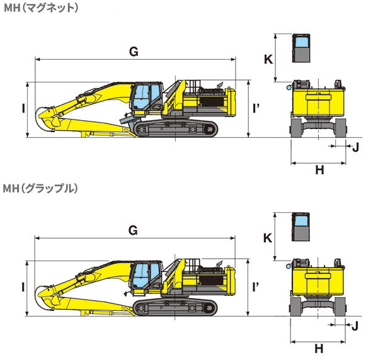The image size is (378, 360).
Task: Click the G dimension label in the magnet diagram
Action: pos(134,52)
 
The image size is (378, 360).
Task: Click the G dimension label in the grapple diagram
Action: pos(133,230)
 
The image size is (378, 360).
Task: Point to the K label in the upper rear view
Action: pos(268,59)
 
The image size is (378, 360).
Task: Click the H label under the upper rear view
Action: pos(319,169)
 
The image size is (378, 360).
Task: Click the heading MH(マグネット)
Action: pos(40,8)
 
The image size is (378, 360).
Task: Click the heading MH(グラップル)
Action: pos(40,188)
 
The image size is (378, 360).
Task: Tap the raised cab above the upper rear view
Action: pos(302,48)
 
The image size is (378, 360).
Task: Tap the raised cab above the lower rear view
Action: pos(302,227)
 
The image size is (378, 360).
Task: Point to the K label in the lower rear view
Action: pos(267,238)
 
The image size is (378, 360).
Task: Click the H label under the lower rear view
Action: pos(319,348)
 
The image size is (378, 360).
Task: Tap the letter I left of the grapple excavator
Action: pos(22,287)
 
